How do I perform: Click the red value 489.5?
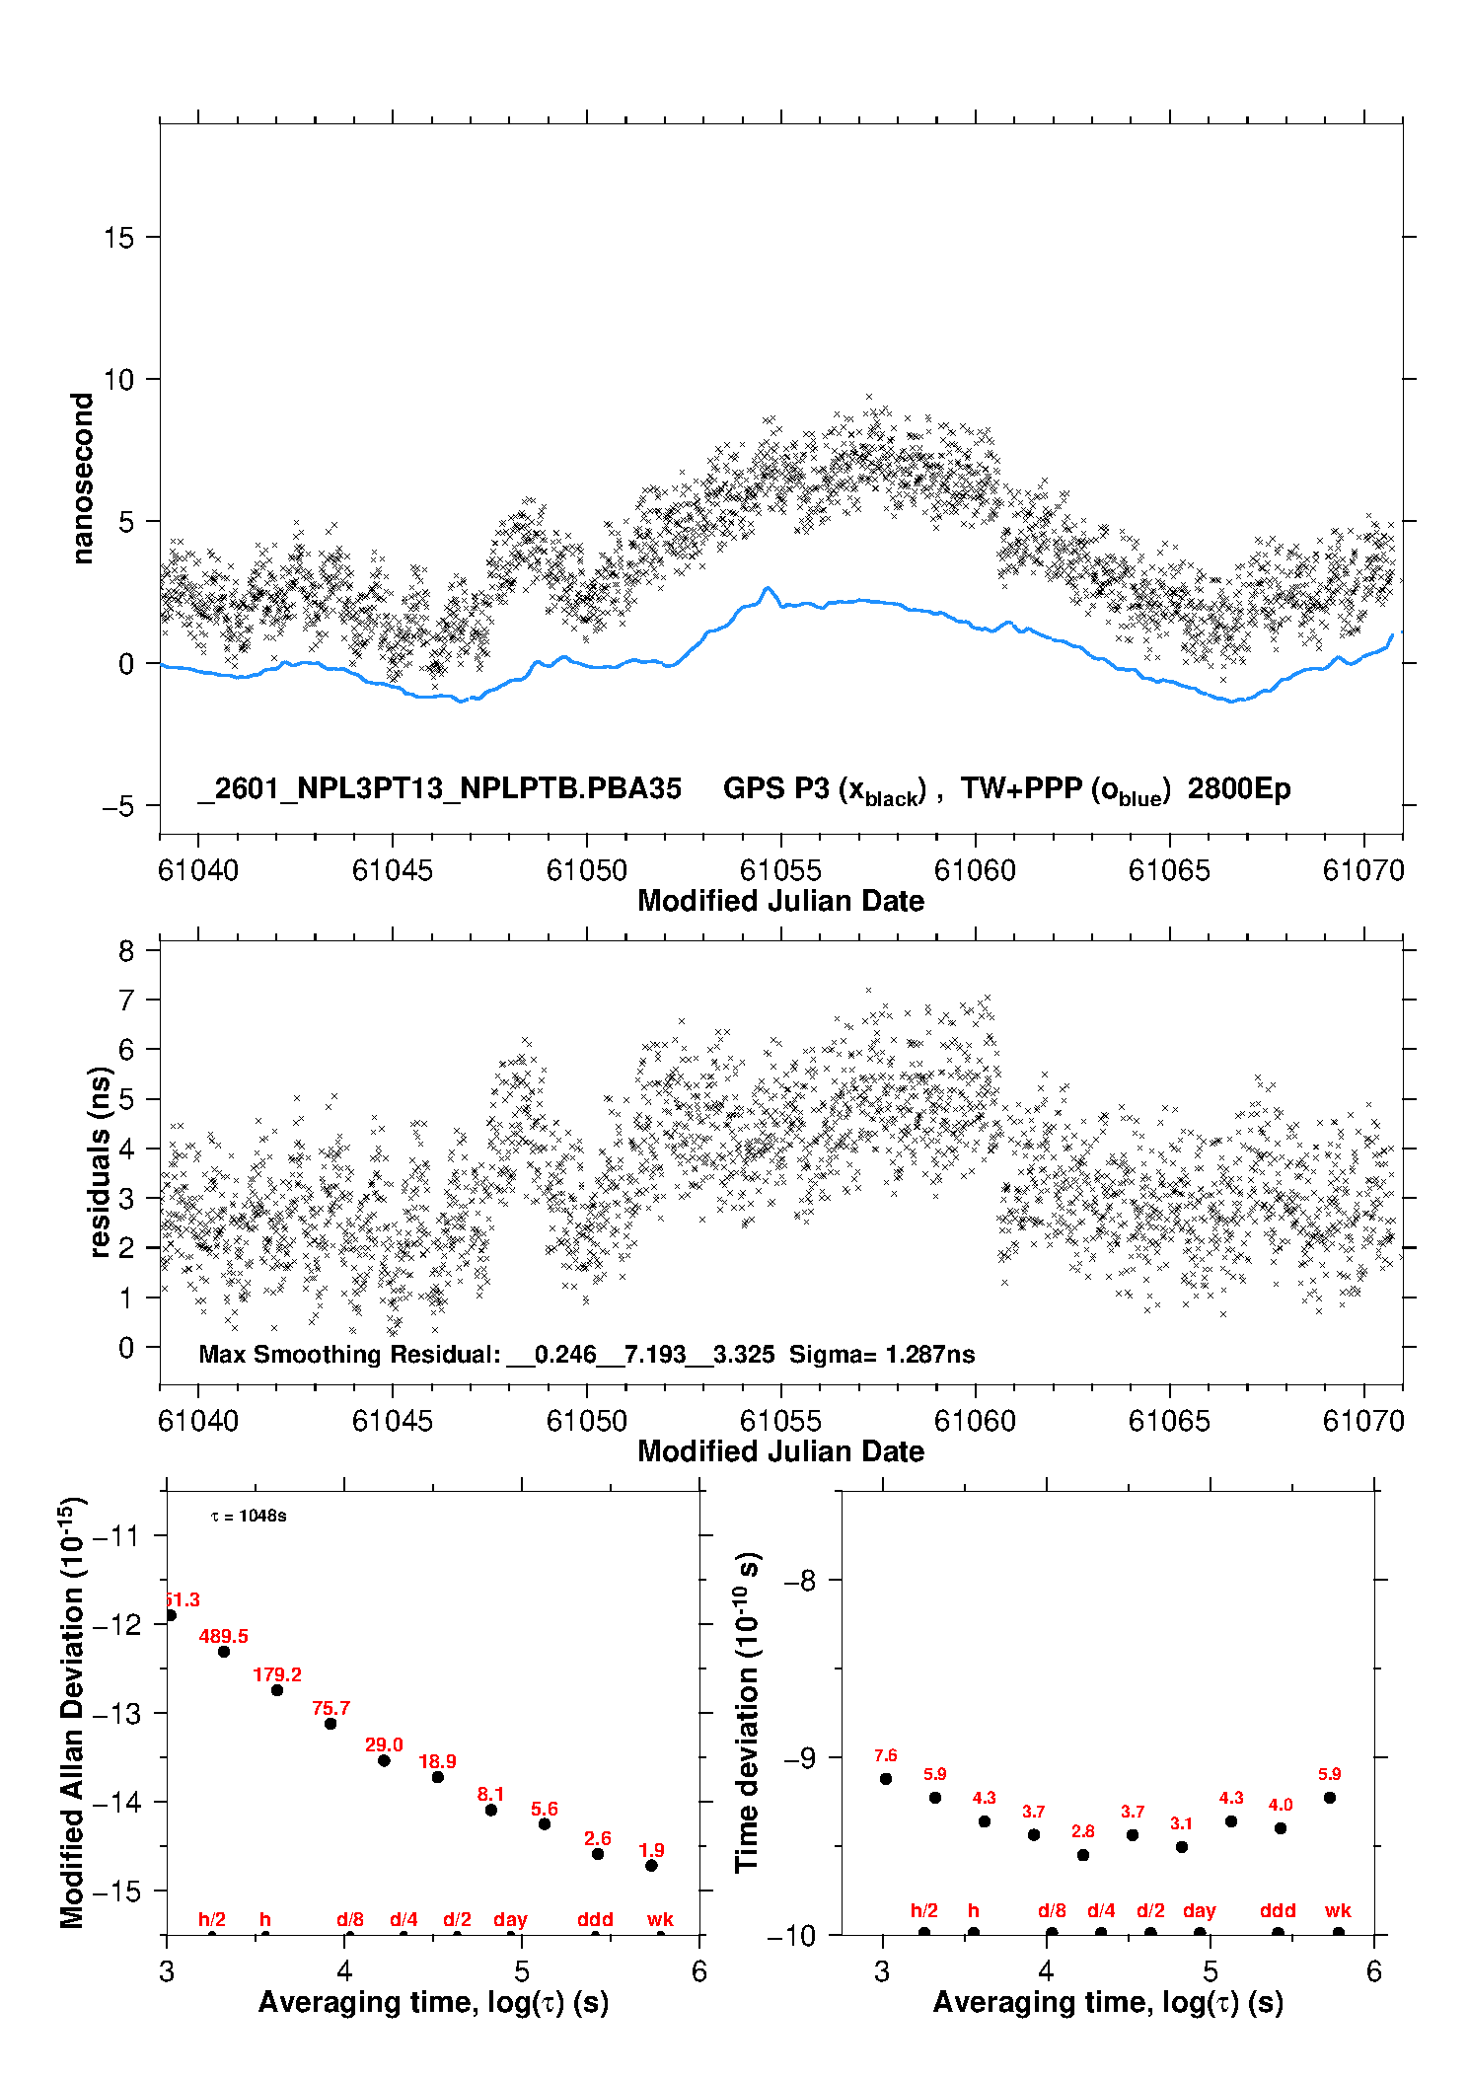223,1637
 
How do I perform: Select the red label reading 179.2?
277,1675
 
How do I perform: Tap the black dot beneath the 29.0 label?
384,1760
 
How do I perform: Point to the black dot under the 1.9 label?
651,1866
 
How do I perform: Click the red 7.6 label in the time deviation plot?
885,1756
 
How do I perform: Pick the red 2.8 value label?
1082,1831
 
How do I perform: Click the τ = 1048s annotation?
249,1516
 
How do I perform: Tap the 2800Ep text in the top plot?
1238,788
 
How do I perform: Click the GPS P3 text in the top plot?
776,788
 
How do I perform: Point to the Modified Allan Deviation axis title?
73,1712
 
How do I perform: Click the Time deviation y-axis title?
748,1712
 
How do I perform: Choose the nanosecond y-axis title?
83,479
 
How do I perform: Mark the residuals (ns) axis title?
99,1162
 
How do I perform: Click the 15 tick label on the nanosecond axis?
118,238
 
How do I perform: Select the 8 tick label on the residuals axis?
125,951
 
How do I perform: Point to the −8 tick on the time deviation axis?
799,1581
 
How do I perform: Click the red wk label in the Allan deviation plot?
660,1919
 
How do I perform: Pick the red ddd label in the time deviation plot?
1278,1911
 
